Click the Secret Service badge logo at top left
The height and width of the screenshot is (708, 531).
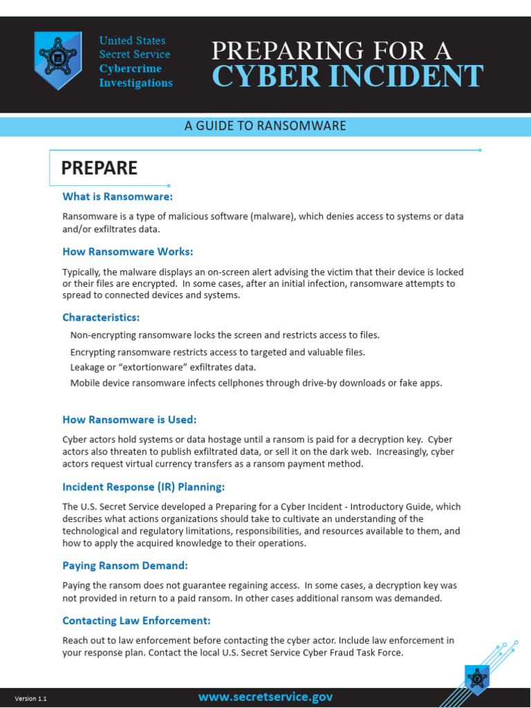[x=58, y=61]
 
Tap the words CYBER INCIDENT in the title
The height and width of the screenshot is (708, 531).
[x=347, y=76]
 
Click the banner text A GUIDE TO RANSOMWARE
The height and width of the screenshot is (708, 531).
[x=265, y=126]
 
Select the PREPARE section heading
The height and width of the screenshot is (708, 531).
[x=100, y=168]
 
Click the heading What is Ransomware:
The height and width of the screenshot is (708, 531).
[x=118, y=197]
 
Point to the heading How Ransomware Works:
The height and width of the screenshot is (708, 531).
[x=128, y=252]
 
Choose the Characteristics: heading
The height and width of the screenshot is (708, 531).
[x=101, y=317]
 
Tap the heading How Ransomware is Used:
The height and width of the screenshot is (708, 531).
[x=130, y=420]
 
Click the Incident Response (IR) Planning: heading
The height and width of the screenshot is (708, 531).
[x=144, y=487]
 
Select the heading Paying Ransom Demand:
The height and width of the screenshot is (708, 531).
[x=125, y=566]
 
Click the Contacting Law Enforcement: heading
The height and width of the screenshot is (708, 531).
[x=137, y=620]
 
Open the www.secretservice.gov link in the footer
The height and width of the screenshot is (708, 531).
[x=265, y=697]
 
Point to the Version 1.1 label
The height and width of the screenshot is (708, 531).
[x=31, y=699]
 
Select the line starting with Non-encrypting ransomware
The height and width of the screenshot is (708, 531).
[x=225, y=335]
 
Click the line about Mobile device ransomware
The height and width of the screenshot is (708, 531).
[x=256, y=383]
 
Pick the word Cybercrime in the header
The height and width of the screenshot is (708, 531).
[x=131, y=68]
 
